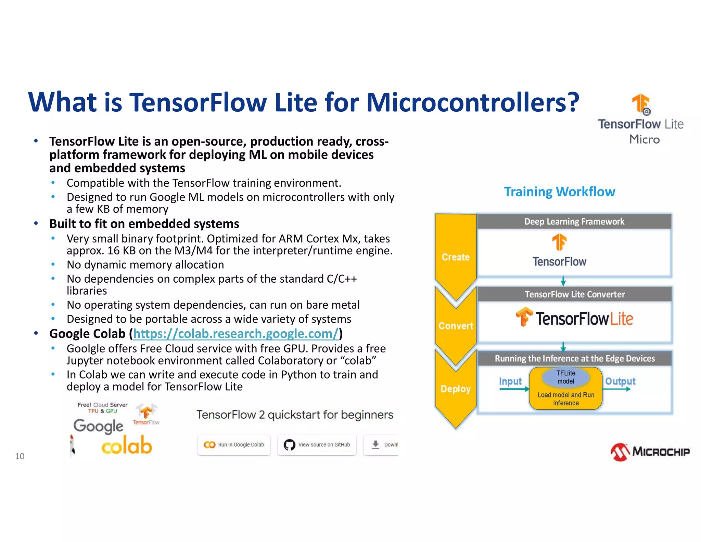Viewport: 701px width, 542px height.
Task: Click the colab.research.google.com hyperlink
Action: (236, 334)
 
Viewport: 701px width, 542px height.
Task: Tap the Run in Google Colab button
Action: (234, 445)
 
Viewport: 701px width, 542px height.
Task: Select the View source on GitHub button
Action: (317, 445)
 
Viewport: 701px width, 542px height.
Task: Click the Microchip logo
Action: (650, 452)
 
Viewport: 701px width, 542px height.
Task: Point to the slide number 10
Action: (20, 456)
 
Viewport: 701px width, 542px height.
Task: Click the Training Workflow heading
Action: (559, 192)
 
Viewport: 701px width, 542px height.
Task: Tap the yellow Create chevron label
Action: (456, 257)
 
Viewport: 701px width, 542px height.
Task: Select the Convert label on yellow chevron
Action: (456, 325)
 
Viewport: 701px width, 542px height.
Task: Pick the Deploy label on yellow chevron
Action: (456, 389)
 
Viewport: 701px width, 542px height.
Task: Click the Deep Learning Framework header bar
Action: (574, 222)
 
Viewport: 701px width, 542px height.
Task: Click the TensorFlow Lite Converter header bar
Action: (574, 294)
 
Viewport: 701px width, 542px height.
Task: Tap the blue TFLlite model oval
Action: (566, 377)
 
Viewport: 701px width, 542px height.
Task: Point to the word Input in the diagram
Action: (510, 381)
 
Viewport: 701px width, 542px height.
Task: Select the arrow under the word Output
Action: (618, 389)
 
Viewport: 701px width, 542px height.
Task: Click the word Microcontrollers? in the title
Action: (473, 102)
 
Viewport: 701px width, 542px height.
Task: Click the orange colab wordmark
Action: (127, 446)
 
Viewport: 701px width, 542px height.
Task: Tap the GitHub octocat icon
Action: (289, 445)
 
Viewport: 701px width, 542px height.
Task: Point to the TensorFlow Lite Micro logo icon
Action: (641, 104)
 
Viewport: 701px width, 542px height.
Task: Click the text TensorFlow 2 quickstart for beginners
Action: (295, 415)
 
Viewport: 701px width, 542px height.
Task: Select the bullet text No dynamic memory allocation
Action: (145, 265)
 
